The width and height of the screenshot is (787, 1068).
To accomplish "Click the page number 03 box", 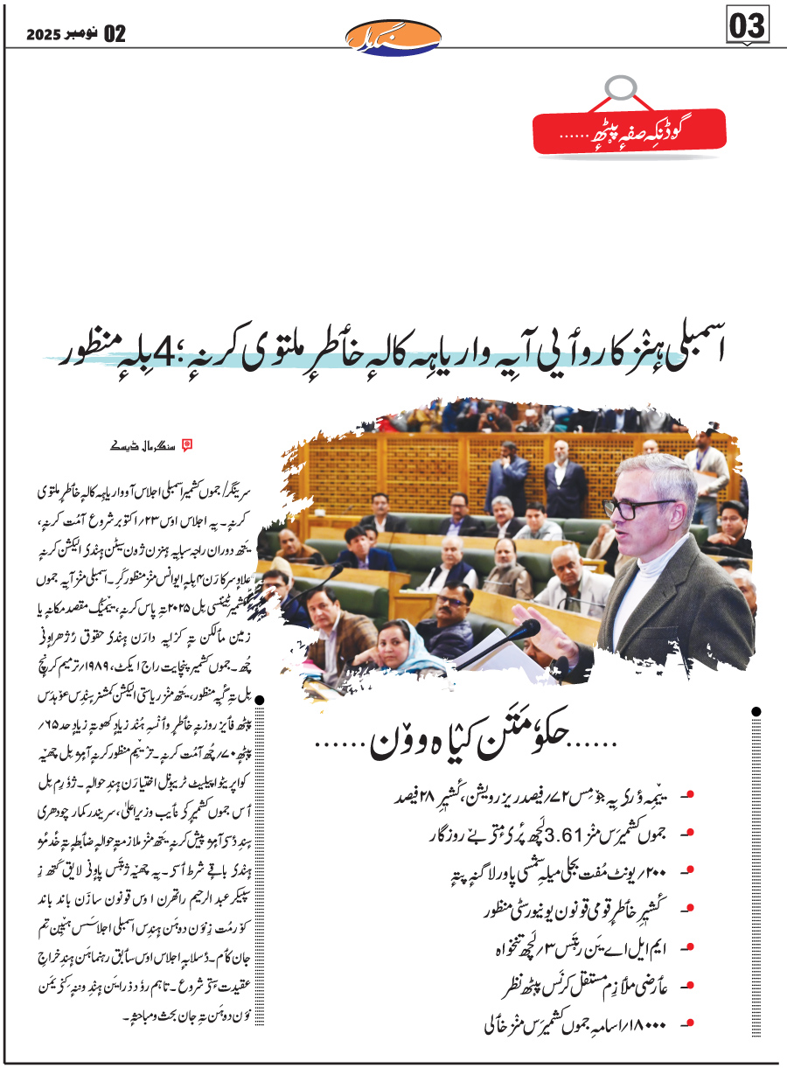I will tap(747, 26).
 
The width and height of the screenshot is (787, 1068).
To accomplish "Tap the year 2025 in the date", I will tap(44, 34).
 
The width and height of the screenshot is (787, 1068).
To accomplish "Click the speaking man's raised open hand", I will tap(540, 652).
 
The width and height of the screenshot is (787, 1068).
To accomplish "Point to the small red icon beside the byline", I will tap(185, 444).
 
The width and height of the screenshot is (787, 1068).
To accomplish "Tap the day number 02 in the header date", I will tap(115, 34).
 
